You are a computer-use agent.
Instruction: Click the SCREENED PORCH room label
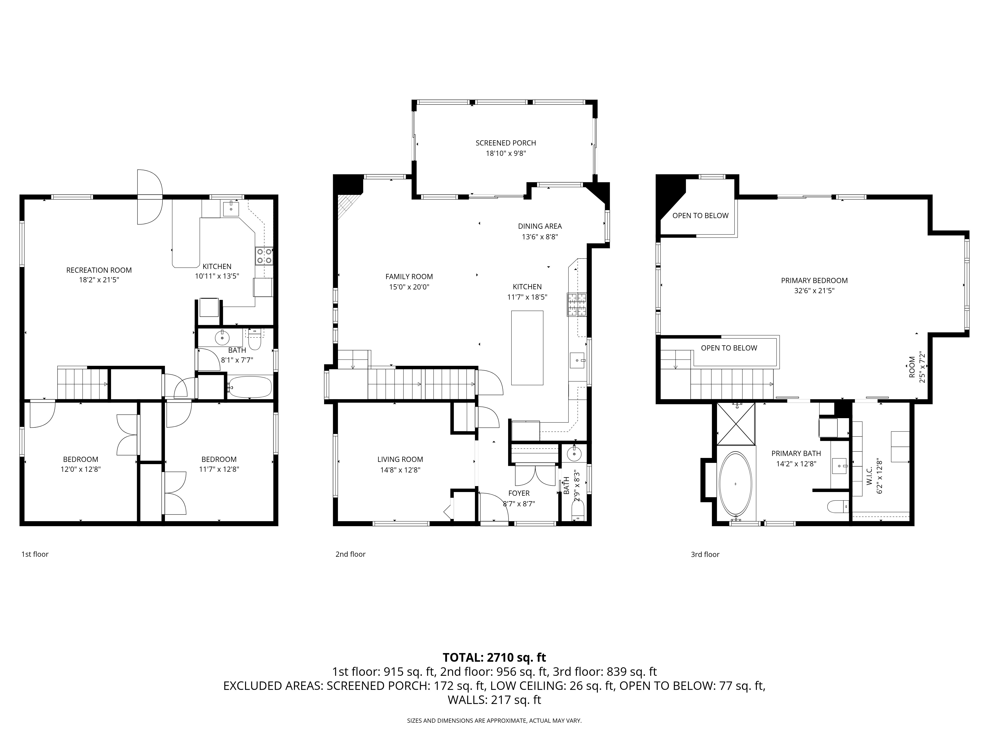[x=506, y=143]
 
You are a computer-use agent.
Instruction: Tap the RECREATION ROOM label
[x=99, y=270]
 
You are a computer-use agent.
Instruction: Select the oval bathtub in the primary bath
[x=736, y=484]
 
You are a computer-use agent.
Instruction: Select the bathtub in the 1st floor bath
[x=249, y=387]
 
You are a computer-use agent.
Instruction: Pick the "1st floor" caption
[x=35, y=554]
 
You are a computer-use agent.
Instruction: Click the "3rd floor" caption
[x=705, y=554]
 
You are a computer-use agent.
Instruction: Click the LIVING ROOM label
[x=400, y=459]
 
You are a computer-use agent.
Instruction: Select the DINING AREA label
[x=540, y=226]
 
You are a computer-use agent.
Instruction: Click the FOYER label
[x=519, y=493]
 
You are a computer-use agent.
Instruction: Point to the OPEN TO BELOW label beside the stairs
[x=729, y=348]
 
